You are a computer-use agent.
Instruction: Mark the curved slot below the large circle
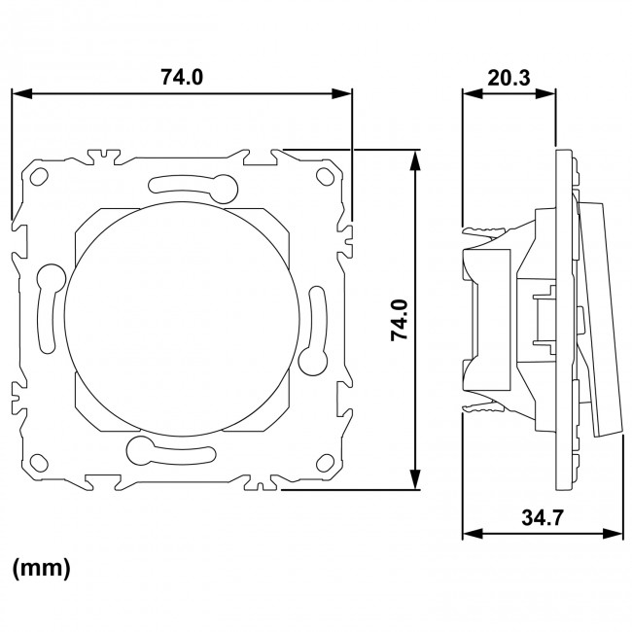[x=169, y=449]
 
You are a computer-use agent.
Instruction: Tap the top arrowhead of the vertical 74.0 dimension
[x=416, y=158]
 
